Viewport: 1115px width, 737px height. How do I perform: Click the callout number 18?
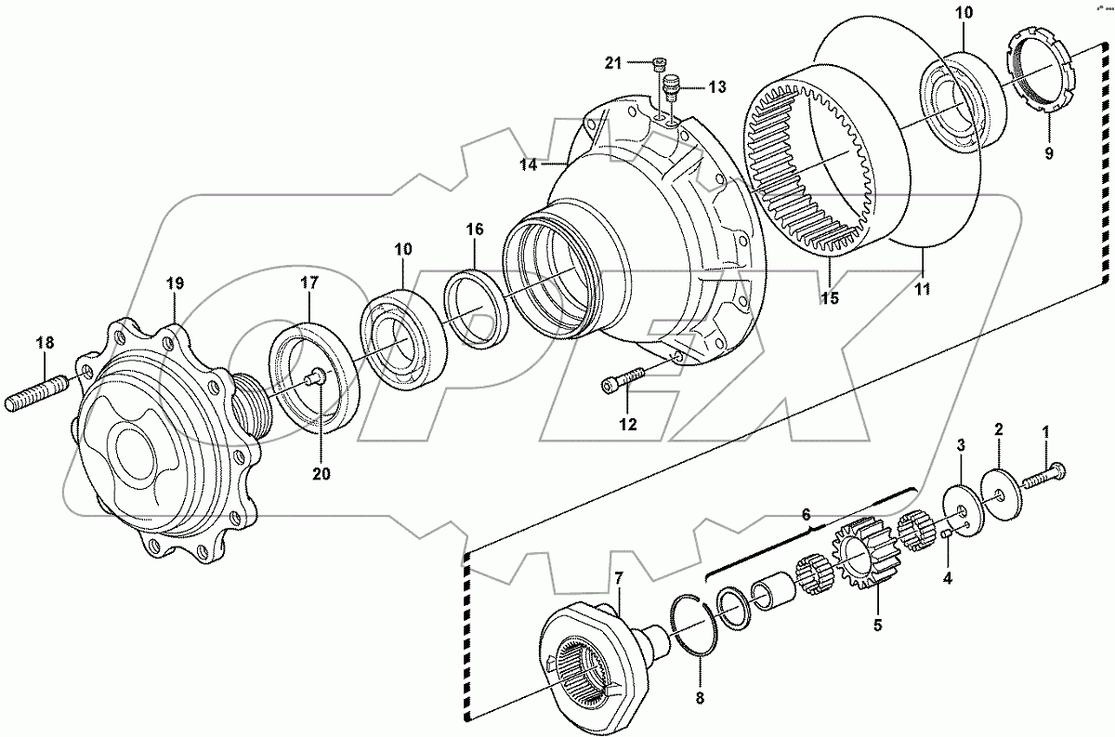click(44, 343)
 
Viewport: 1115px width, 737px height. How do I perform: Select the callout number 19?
click(176, 283)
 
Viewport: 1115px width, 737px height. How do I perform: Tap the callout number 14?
click(528, 165)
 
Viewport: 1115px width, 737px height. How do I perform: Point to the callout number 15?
click(828, 297)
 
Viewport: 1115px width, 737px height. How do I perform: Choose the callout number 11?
click(924, 289)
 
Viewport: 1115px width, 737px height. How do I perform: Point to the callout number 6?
click(807, 514)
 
